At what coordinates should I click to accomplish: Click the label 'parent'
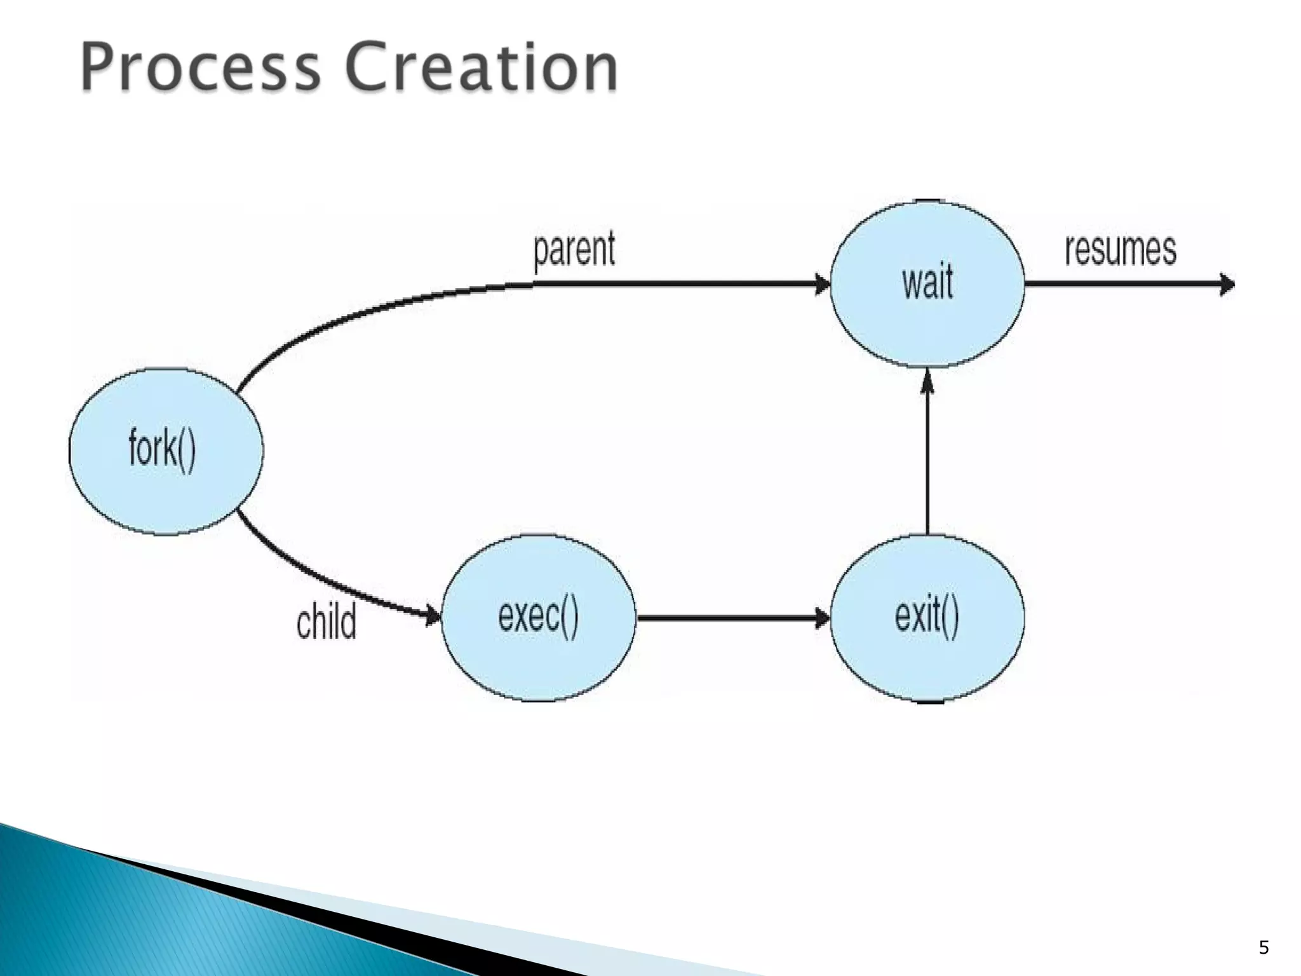point(574,250)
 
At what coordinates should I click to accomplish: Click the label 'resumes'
point(1121,250)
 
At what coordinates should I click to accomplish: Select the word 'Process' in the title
point(201,67)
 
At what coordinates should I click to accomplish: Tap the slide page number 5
point(1264,947)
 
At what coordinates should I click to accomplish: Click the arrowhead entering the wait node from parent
point(822,284)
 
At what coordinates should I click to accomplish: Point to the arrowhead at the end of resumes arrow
point(1227,284)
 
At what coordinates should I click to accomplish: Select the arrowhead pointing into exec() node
point(433,614)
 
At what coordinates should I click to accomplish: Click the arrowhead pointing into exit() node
point(822,618)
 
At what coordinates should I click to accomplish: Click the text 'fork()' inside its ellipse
point(162,449)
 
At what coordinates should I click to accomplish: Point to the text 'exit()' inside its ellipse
point(927,616)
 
